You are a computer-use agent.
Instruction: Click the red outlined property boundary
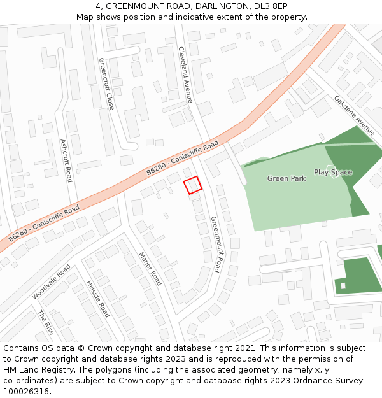[192, 185]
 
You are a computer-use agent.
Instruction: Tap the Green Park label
[286, 179]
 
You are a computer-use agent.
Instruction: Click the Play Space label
[333, 173]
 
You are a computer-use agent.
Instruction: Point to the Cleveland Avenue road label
[185, 75]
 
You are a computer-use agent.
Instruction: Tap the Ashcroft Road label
[66, 160]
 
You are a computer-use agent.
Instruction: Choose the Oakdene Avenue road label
[355, 116]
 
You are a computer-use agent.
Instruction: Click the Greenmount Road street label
[216, 244]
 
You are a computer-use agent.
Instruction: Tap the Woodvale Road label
[51, 282]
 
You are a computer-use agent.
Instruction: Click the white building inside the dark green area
[343, 285]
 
